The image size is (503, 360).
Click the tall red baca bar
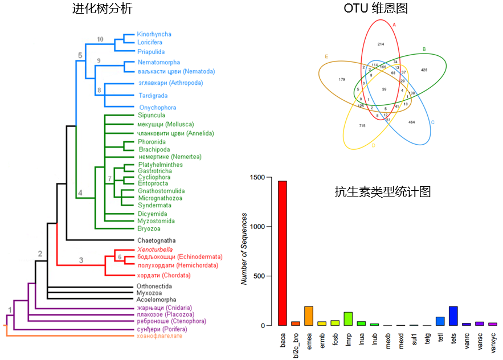[282, 253]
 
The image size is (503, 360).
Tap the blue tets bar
[453, 316]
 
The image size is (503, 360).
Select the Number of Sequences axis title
[244, 249]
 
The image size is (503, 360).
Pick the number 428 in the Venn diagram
[424, 69]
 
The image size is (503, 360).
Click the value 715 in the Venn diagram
[362, 125]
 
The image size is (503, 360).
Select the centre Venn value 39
[384, 89]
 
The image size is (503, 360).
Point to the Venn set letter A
[394, 24]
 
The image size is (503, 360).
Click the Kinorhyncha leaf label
[154, 34]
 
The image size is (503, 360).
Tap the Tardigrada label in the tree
[153, 95]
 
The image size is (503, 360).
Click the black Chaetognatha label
[156, 240]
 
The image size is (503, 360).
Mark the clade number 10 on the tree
[101, 39]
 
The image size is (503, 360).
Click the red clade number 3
[81, 260]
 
